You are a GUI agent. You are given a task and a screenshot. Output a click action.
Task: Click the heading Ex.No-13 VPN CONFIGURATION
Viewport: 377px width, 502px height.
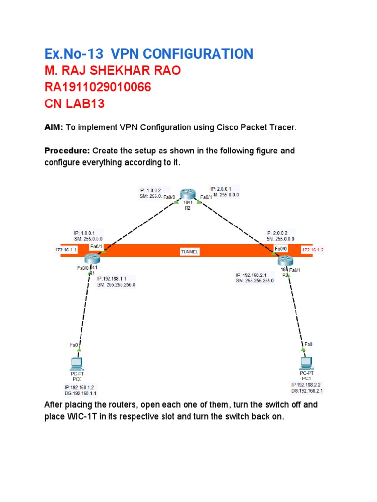[149, 54]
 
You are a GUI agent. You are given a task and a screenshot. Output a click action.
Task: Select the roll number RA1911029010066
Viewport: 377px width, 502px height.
[98, 88]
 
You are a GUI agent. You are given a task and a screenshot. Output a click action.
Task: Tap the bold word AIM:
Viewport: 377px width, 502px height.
[54, 128]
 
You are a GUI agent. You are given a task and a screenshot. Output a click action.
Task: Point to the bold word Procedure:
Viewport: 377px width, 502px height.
[67, 151]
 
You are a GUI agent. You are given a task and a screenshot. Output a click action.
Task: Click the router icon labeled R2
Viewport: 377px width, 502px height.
[187, 195]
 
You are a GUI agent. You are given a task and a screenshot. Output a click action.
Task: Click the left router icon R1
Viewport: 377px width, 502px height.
[91, 259]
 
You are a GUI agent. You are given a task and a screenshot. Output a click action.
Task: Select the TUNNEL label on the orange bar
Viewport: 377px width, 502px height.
[190, 251]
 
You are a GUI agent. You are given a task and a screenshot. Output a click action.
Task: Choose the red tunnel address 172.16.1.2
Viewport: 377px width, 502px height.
[314, 250]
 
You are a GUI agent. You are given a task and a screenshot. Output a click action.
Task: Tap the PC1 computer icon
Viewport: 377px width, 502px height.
[306, 363]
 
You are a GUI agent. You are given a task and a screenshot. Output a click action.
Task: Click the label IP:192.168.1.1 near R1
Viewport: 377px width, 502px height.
[113, 279]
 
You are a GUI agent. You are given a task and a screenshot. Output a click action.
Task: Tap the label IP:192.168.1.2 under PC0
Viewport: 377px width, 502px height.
[76, 387]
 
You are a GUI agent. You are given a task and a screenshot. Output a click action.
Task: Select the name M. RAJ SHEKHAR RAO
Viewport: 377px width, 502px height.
[112, 71]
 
